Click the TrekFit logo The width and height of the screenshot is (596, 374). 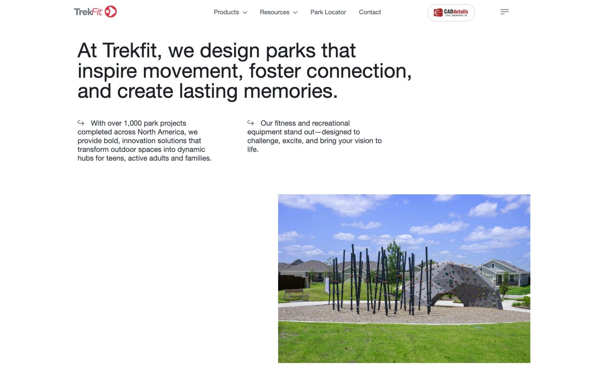click(x=95, y=12)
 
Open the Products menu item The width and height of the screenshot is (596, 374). click(x=226, y=12)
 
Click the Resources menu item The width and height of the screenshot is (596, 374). click(x=274, y=12)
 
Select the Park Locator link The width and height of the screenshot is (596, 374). click(x=328, y=12)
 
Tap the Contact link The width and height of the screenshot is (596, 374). click(x=370, y=12)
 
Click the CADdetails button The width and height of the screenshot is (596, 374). click(x=451, y=13)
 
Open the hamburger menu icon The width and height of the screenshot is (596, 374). click(x=504, y=12)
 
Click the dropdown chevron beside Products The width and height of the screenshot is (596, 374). click(x=245, y=12)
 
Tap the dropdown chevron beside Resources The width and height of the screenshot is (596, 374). click(x=295, y=12)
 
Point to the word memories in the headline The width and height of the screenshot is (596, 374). click(x=290, y=91)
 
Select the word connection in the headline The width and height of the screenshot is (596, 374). click(x=359, y=71)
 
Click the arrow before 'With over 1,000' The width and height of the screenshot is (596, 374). click(x=81, y=123)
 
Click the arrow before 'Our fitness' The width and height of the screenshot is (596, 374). click(x=250, y=123)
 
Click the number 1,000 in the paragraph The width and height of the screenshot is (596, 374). click(x=133, y=123)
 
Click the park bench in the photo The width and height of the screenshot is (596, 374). click(x=296, y=295)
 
